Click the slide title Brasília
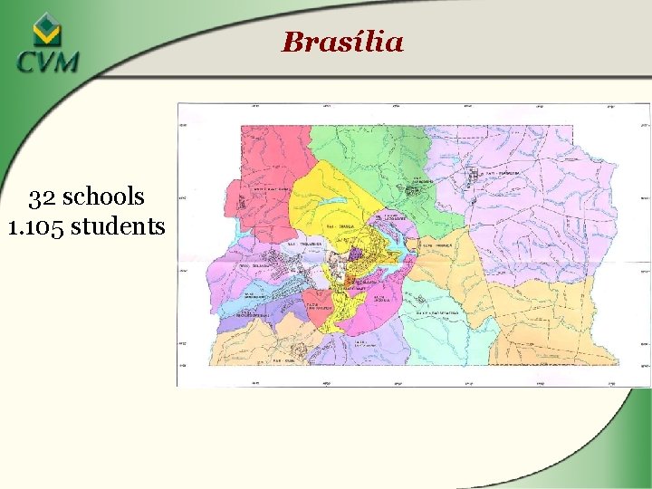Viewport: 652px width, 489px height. pos(342,42)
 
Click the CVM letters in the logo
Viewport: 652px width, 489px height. pos(47,62)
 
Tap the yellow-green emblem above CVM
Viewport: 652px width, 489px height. pos(46,31)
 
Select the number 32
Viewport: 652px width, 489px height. pos(43,197)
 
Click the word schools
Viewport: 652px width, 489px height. pos(103,197)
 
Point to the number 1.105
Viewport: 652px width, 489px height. pos(35,225)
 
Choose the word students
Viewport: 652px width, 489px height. pos(118,225)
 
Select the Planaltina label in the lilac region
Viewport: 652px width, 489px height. pos(500,173)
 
